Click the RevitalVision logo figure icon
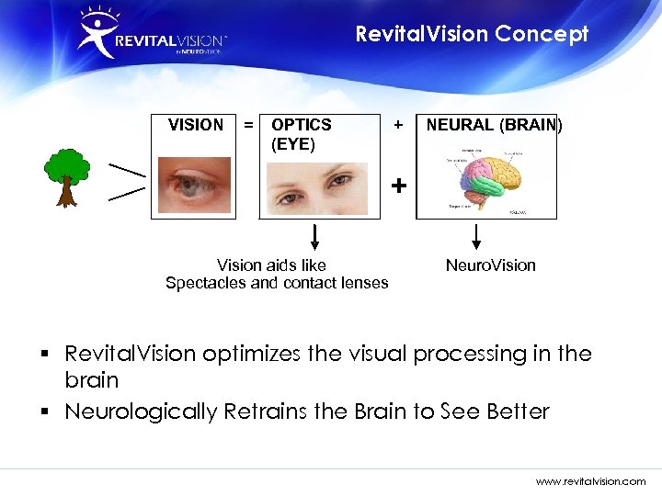[x=97, y=33]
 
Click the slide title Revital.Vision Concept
[x=472, y=34]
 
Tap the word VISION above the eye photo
[x=195, y=125]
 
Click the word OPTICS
[x=302, y=125]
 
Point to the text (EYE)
[x=293, y=144]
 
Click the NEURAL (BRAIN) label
[x=494, y=125]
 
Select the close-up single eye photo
[x=194, y=185]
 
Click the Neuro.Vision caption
[x=490, y=265]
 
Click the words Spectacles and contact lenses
[x=277, y=283]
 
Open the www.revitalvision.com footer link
[x=590, y=480]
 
